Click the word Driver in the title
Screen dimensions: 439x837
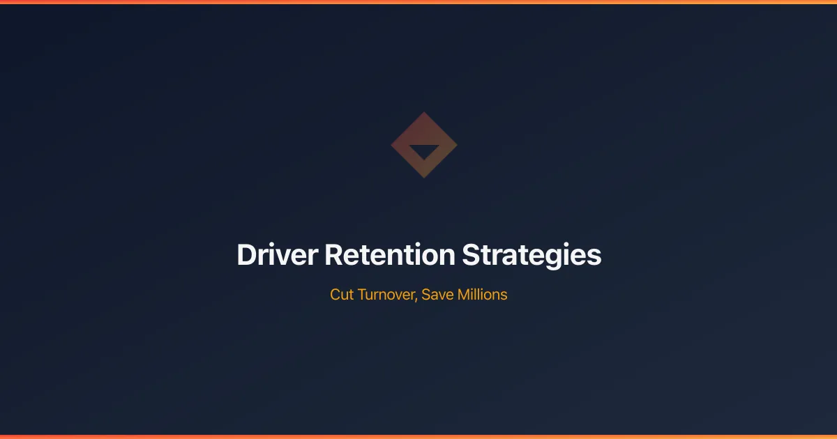point(277,255)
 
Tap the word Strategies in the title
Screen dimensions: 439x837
point(531,256)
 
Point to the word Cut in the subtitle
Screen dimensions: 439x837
point(342,295)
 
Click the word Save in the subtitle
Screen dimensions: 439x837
point(437,295)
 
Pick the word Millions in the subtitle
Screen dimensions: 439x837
point(482,295)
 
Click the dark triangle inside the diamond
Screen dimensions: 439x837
point(424,151)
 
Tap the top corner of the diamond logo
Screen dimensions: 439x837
point(424,114)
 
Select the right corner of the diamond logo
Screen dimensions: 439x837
point(455,145)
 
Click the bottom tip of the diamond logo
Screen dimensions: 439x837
point(424,176)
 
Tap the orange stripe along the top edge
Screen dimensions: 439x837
point(418,2)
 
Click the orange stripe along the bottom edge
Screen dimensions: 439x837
point(418,437)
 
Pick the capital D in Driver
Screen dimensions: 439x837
point(246,255)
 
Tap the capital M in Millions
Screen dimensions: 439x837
point(464,295)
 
